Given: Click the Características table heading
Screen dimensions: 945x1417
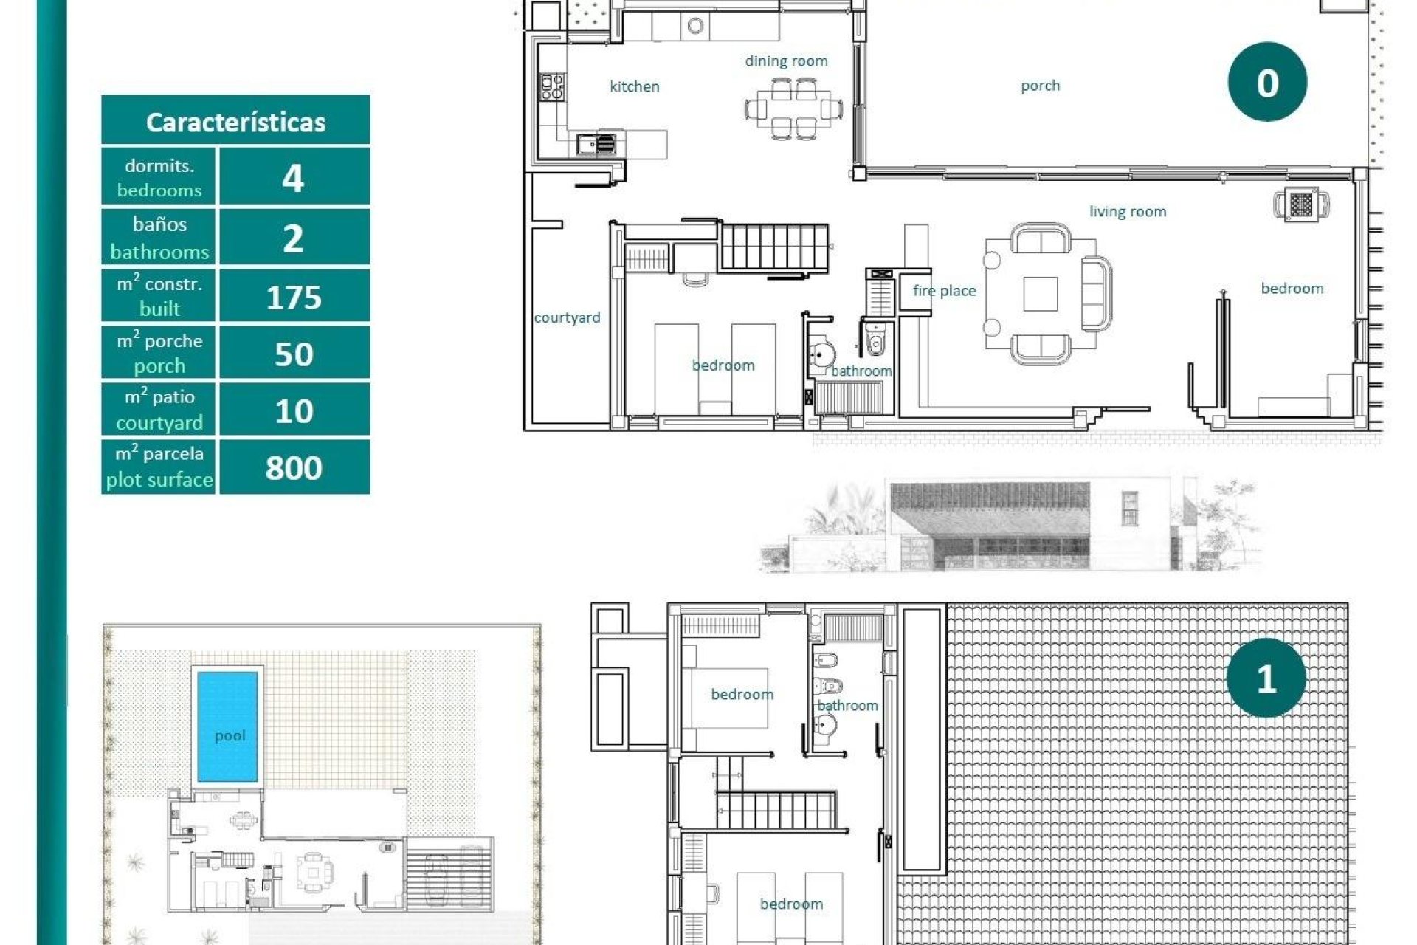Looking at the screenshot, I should point(235,122).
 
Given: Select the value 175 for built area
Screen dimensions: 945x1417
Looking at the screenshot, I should point(294,297).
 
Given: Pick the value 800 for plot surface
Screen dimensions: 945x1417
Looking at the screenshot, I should point(294,467).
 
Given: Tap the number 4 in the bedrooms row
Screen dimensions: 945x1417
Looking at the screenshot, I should point(293,177).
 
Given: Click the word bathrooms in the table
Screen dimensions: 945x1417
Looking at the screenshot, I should point(159,252).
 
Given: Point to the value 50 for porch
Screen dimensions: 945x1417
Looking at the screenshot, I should point(294,354).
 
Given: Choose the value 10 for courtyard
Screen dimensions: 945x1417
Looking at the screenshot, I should point(294,410).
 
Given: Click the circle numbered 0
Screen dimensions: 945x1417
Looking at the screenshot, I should point(1266,82).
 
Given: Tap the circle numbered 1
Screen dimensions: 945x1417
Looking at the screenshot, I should point(1266,678).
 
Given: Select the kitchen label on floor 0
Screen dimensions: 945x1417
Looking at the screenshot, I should point(634,86).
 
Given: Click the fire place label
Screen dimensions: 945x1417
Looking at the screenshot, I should point(944,291).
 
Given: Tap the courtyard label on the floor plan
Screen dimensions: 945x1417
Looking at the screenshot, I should point(567,317).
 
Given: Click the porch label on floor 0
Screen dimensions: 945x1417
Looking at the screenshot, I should point(1040,86).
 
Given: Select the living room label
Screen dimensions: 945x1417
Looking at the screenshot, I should point(1127,212).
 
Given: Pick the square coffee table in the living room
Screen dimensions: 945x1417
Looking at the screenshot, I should point(1040,294).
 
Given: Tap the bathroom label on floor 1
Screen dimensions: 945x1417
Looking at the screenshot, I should point(847,706).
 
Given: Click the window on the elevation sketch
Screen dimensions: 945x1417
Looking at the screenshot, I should point(1129,508).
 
